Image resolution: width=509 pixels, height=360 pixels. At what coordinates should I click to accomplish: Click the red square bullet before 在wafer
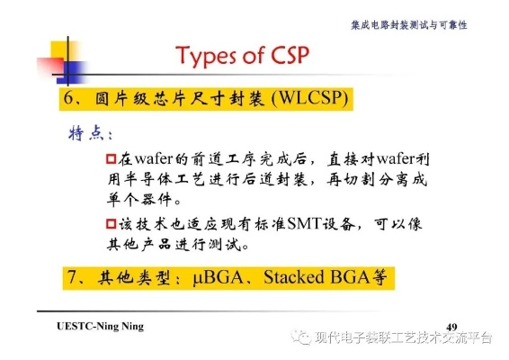click(x=112, y=159)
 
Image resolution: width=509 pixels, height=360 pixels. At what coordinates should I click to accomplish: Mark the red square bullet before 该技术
click(x=112, y=223)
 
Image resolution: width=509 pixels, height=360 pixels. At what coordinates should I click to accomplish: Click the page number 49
click(x=452, y=324)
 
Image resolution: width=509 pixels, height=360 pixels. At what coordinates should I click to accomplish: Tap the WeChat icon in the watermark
click(x=297, y=338)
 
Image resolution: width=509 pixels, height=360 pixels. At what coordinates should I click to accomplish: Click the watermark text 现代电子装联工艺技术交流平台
click(x=402, y=338)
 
